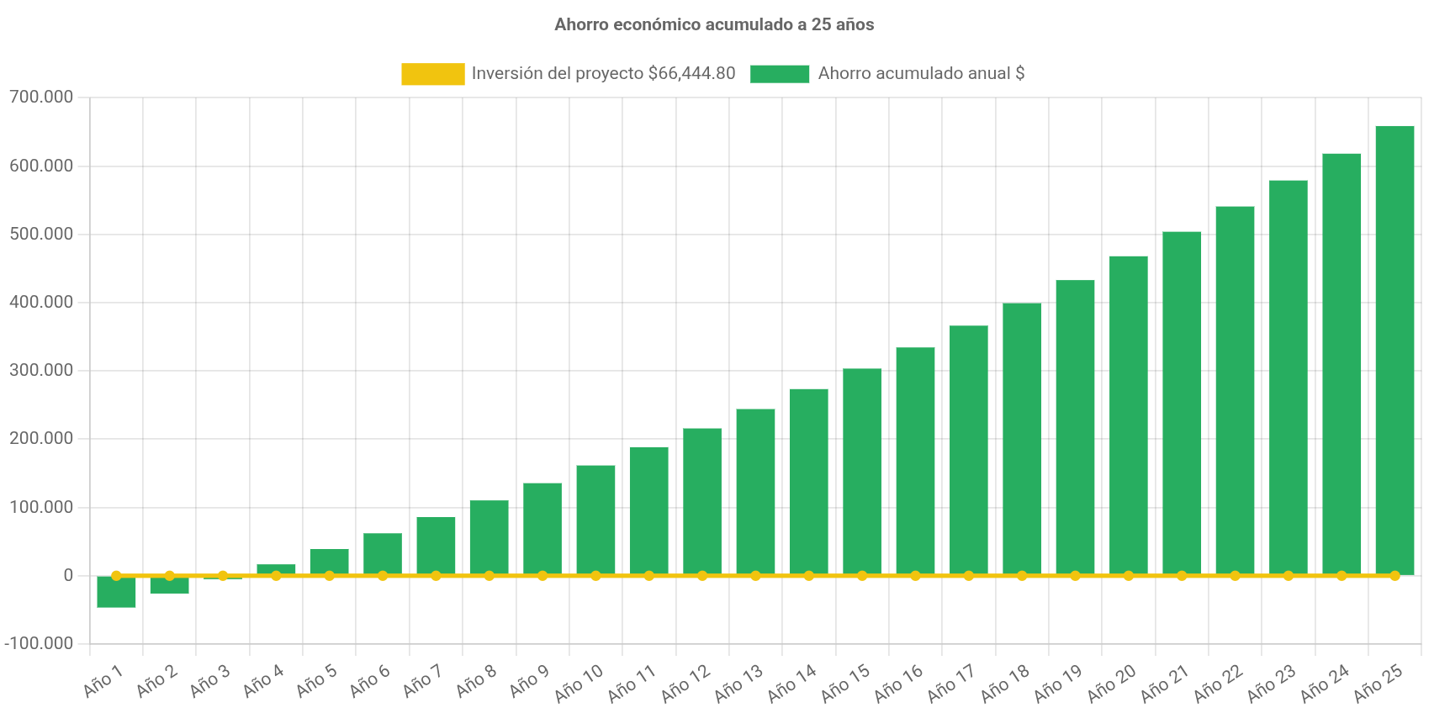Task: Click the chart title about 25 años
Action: pos(714,25)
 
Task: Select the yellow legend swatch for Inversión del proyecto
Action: pos(432,74)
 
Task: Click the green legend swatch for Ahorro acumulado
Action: pos(780,74)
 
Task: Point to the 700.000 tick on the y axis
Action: pos(41,98)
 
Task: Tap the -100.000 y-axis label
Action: pos(39,643)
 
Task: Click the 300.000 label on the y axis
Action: pos(41,370)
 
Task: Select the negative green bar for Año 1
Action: pos(116,594)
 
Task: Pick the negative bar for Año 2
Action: pos(169,587)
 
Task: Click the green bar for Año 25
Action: pos(1395,349)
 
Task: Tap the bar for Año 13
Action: pos(755,492)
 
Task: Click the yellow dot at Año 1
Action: pos(116,576)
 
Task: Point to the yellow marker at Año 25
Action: pos(1395,576)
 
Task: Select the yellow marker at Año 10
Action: pos(595,576)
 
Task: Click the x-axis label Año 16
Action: pos(898,684)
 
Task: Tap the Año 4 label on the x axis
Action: pos(263,682)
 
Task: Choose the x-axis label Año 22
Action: pos(1218,684)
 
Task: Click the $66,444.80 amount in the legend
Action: pos(691,74)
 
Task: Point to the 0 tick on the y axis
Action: pos(68,575)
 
